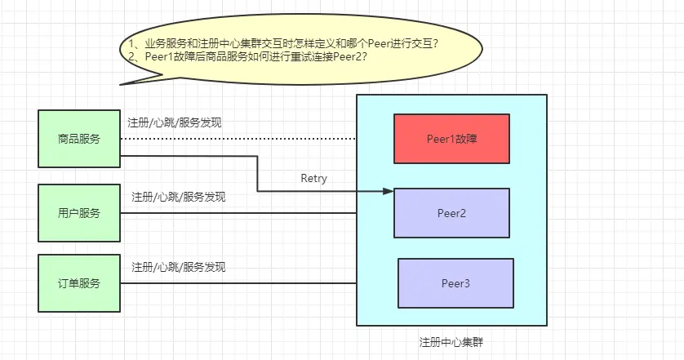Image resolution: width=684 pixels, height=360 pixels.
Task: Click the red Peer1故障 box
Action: pyautogui.click(x=451, y=139)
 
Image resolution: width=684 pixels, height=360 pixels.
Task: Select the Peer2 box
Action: pyautogui.click(x=451, y=213)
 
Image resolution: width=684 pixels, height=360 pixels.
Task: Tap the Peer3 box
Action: pyautogui.click(x=455, y=283)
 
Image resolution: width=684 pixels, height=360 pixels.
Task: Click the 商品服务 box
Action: pyautogui.click(x=79, y=139)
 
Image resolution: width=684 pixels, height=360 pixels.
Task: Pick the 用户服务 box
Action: pyautogui.click(x=79, y=213)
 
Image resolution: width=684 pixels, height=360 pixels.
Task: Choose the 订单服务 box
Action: pyautogui.click(x=79, y=283)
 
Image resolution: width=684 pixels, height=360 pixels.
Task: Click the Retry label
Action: pyautogui.click(x=313, y=178)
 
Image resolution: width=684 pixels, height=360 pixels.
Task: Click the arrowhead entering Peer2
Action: pyautogui.click(x=389, y=192)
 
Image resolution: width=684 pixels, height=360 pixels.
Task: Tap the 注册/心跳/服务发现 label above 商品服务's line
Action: pyautogui.click(x=175, y=123)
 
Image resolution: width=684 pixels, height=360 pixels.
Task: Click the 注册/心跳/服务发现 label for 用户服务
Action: pyautogui.click(x=178, y=197)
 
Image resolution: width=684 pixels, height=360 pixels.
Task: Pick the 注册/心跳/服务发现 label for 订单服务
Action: pyautogui.click(x=178, y=267)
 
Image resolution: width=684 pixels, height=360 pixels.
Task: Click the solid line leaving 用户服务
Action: pyautogui.click(x=237, y=213)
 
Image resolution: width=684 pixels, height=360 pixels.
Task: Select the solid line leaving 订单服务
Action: pyautogui.click(x=237, y=283)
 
